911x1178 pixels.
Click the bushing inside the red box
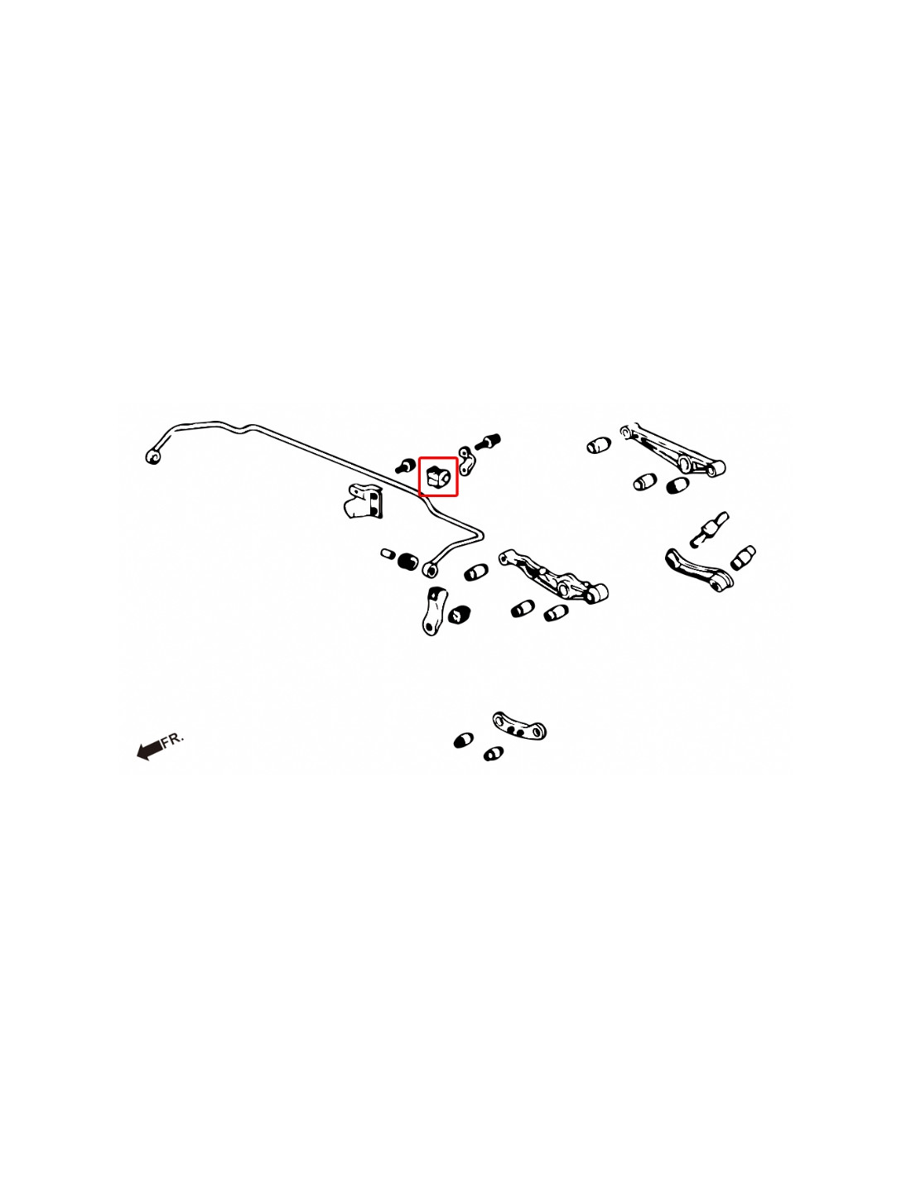tap(438, 477)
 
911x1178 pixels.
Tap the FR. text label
tap(173, 740)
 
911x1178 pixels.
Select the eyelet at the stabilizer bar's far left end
tap(153, 457)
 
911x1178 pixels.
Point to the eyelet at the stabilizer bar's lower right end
tap(430, 569)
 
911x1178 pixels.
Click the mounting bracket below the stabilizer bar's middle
tap(363, 500)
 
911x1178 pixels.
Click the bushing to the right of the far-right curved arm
tap(743, 558)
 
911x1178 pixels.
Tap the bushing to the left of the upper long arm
tap(598, 445)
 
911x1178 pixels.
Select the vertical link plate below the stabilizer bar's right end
tap(434, 611)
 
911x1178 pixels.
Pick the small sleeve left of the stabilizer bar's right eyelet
tap(387, 553)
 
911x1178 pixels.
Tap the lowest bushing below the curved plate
tap(493, 754)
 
